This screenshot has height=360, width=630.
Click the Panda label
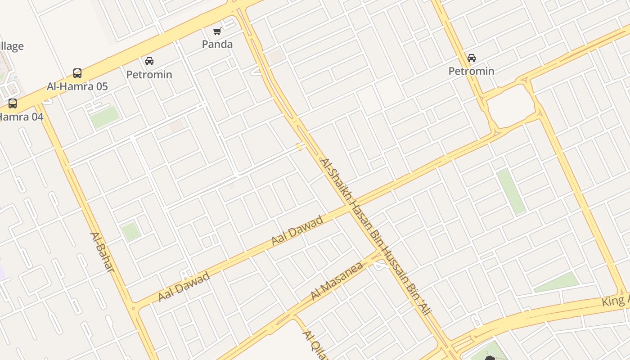[x=217, y=44]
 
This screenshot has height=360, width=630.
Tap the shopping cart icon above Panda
[x=217, y=31]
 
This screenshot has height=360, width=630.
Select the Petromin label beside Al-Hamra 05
[x=149, y=74]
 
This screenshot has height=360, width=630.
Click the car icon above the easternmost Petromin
[x=472, y=58]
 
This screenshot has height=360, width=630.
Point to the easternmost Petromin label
[x=472, y=71]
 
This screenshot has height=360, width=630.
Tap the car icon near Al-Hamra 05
[x=149, y=61]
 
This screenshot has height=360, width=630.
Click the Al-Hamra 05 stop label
[x=77, y=86]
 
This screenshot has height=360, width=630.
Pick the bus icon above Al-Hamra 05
[x=77, y=73]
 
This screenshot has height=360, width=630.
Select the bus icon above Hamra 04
[x=13, y=103]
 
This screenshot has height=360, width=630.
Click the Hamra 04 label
[x=21, y=117]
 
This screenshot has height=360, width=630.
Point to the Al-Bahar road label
[x=102, y=252]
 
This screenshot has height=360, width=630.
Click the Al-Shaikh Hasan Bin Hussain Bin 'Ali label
[x=375, y=236]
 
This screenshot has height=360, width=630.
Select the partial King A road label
[x=616, y=301]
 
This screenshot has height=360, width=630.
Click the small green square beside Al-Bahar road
[x=130, y=231]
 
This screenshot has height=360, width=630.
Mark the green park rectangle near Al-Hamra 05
[x=105, y=117]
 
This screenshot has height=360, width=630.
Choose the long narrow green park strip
[x=511, y=192]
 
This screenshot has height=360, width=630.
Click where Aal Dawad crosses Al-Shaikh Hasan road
[x=349, y=207]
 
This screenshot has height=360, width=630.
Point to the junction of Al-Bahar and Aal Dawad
[x=133, y=308]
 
